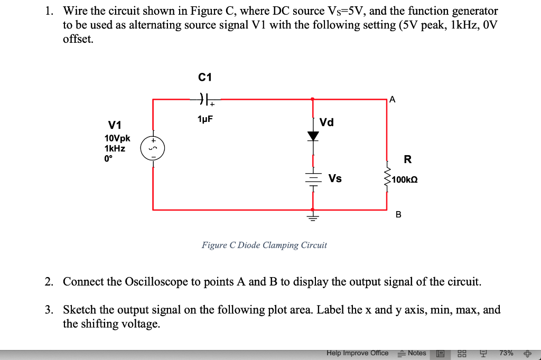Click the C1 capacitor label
[205, 78]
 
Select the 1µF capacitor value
[205, 120]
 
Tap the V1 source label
[115, 125]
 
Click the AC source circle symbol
[153, 148]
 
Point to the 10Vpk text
[117, 138]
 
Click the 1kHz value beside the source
[115, 148]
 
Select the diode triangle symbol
[313, 136]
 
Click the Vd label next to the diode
[327, 122]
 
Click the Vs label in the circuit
[335, 178]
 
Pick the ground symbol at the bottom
[313, 216]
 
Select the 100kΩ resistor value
[405, 180]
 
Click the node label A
[391, 99]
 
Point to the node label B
[398, 215]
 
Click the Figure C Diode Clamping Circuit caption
[264, 245]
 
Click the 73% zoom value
[506, 353]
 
